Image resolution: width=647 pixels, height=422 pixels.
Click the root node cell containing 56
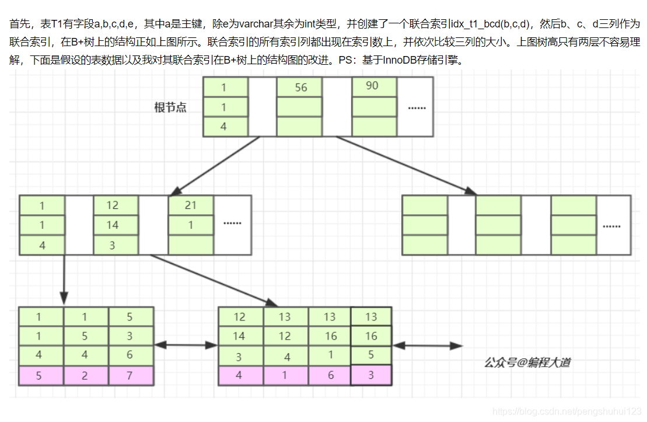coord(300,88)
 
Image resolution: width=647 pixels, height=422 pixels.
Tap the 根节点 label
coord(170,107)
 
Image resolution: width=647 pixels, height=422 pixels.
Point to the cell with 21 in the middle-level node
coord(191,205)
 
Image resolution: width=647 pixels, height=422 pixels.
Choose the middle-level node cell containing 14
coord(116,225)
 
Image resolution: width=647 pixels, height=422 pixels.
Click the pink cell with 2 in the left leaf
coord(86,376)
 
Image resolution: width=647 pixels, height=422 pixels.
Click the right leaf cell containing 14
coord(240,336)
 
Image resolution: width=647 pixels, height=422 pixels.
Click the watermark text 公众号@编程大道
coord(527,362)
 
